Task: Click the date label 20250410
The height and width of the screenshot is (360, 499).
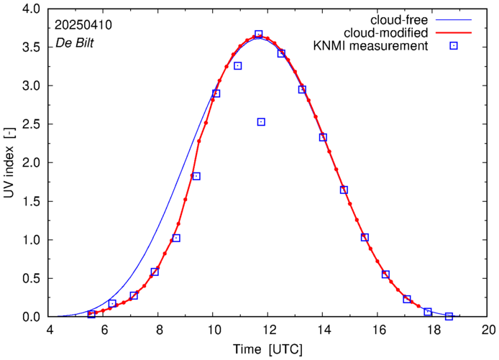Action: click(x=83, y=25)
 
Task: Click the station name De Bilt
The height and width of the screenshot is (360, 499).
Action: click(x=74, y=43)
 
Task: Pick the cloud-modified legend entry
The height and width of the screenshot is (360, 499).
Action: click(x=386, y=33)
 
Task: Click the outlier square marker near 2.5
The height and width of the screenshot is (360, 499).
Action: click(x=261, y=122)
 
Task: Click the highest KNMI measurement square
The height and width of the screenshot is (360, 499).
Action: click(x=259, y=34)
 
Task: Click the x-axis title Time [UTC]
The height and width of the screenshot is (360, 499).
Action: click(x=268, y=349)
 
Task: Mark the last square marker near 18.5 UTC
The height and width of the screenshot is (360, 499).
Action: click(x=449, y=316)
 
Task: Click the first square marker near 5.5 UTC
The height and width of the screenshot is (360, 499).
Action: click(x=91, y=314)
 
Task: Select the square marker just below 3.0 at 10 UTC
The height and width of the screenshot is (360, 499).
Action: click(x=216, y=93)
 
